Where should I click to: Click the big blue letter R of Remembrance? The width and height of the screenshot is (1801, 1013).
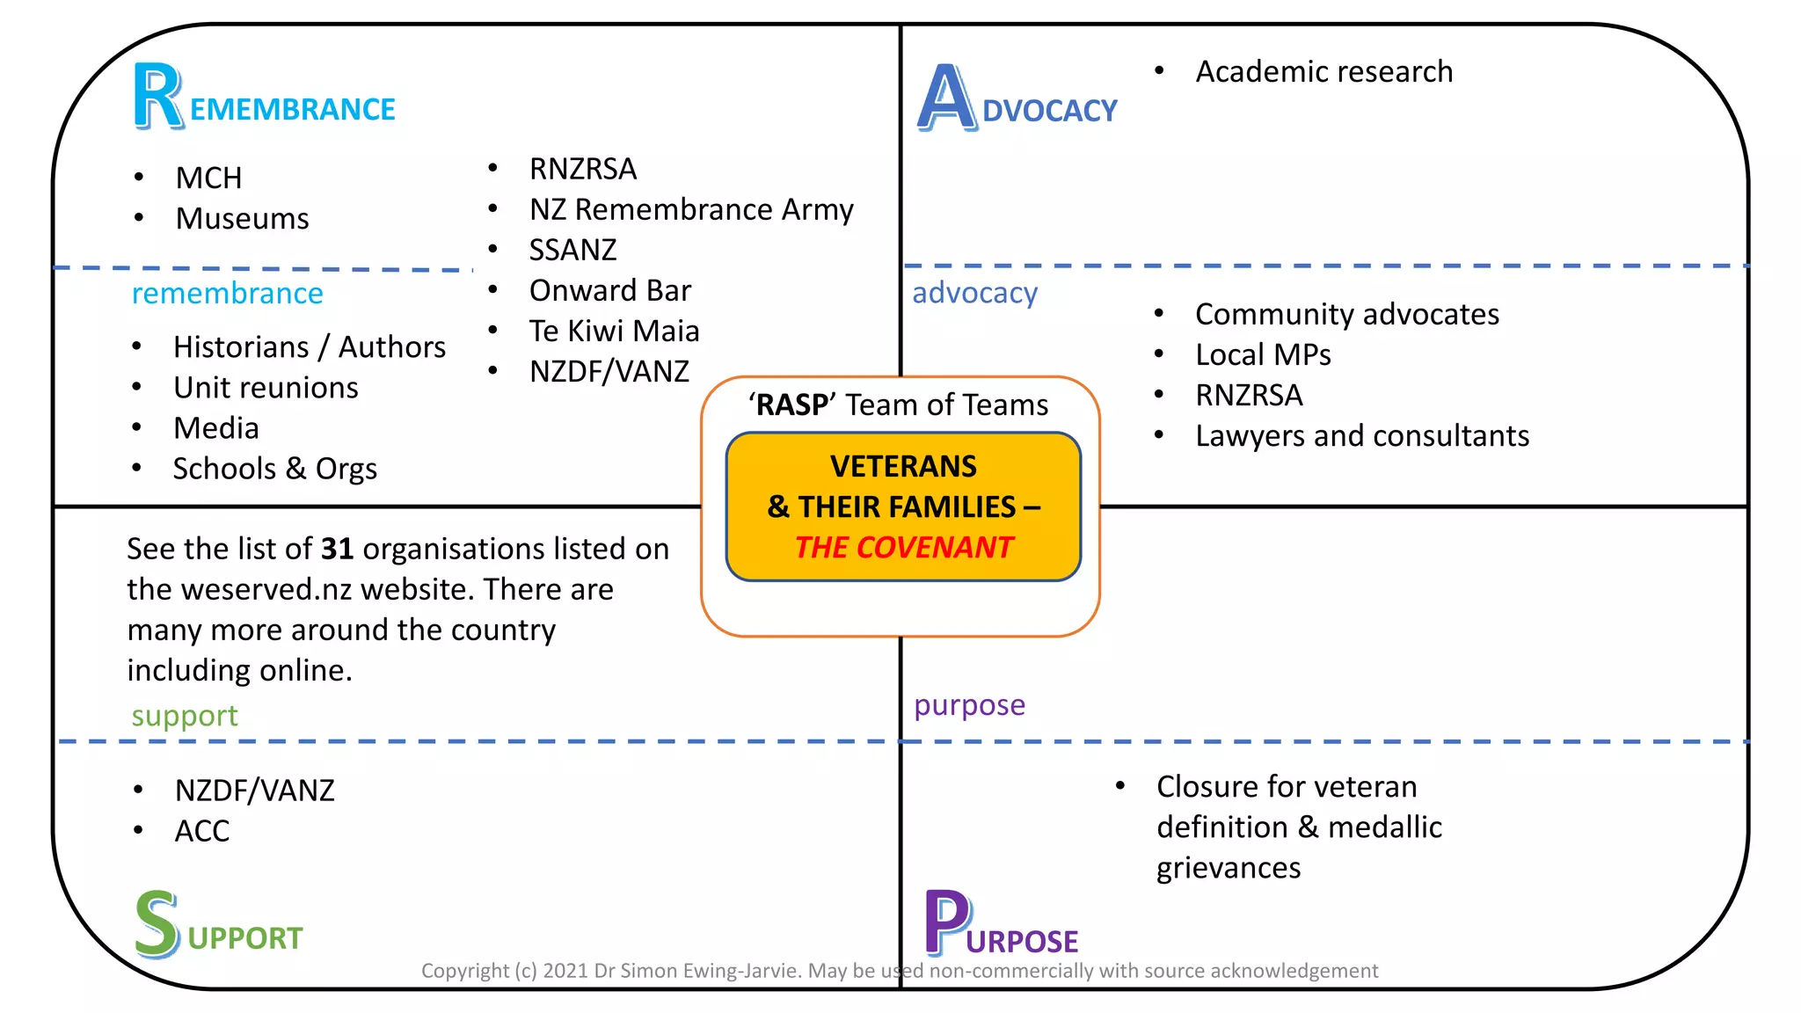tap(158, 97)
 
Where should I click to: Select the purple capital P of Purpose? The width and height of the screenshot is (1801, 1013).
tap(947, 922)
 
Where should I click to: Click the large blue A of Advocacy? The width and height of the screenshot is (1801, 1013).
tap(946, 98)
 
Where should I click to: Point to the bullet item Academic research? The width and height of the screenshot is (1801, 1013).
tap(1323, 71)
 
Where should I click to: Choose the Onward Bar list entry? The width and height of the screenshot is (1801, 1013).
tap(609, 290)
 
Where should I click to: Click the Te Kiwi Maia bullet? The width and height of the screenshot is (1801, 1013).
tap(614, 331)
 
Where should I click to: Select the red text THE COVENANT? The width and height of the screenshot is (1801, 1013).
tap(904, 547)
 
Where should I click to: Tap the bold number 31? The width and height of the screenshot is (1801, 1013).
tap(337, 549)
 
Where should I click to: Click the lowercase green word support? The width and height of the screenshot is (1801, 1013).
tap(185, 716)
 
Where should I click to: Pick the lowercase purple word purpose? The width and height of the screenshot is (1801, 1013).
tap(969, 705)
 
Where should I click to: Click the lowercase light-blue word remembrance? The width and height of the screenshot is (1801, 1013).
tap(227, 293)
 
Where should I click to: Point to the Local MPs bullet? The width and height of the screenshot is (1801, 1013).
tap(1263, 354)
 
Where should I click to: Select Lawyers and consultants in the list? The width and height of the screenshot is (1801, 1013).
tap(1361, 435)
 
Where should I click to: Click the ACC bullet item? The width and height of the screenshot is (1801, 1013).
tap(202, 831)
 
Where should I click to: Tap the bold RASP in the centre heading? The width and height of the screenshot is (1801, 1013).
tap(791, 404)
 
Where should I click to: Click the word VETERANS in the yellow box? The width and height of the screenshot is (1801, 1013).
tap(903, 466)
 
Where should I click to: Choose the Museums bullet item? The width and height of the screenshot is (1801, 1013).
tap(242, 218)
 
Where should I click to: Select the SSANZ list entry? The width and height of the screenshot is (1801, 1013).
tap(572, 250)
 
